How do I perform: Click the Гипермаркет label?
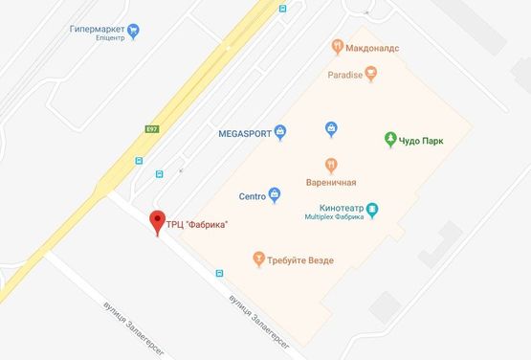click(x=97, y=30)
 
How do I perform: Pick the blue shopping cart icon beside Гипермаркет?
click(x=134, y=30)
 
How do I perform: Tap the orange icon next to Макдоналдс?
click(x=337, y=45)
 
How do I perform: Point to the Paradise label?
click(x=344, y=73)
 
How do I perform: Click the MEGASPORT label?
click(x=243, y=132)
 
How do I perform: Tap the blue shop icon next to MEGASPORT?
click(x=280, y=132)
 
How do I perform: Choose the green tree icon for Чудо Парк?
click(x=389, y=140)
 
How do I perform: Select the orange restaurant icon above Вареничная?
click(x=331, y=163)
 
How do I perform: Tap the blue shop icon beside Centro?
click(x=276, y=196)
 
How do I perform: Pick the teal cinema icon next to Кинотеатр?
click(x=373, y=209)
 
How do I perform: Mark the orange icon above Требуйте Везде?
click(x=257, y=259)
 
